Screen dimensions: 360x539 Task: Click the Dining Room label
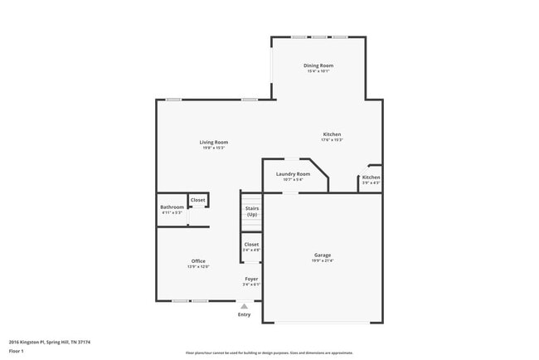pos(318,66)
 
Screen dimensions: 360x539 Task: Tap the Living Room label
pos(213,142)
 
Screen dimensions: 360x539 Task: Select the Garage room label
pos(322,255)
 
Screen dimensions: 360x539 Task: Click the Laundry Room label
pos(293,174)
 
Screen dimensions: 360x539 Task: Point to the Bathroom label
pos(172,207)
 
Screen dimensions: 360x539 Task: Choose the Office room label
pos(198,261)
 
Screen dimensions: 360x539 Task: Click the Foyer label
pos(251,279)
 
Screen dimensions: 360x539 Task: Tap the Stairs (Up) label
pos(251,212)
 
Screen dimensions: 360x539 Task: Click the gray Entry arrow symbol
pos(244,306)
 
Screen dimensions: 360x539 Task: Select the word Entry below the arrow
pos(244,314)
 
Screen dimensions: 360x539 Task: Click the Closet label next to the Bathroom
pos(197,200)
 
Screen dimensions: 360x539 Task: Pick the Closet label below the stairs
pos(251,245)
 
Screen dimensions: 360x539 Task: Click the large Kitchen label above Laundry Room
pos(332,134)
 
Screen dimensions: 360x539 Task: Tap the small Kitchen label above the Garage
pos(371,178)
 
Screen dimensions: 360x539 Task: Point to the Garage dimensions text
pos(322,261)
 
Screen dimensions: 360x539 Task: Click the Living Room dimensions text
pos(213,148)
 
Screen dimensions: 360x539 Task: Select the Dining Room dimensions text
pos(318,71)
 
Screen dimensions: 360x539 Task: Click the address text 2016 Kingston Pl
pos(50,342)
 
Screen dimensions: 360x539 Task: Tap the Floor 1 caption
pos(17,351)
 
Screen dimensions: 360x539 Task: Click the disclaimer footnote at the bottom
pos(269,353)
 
